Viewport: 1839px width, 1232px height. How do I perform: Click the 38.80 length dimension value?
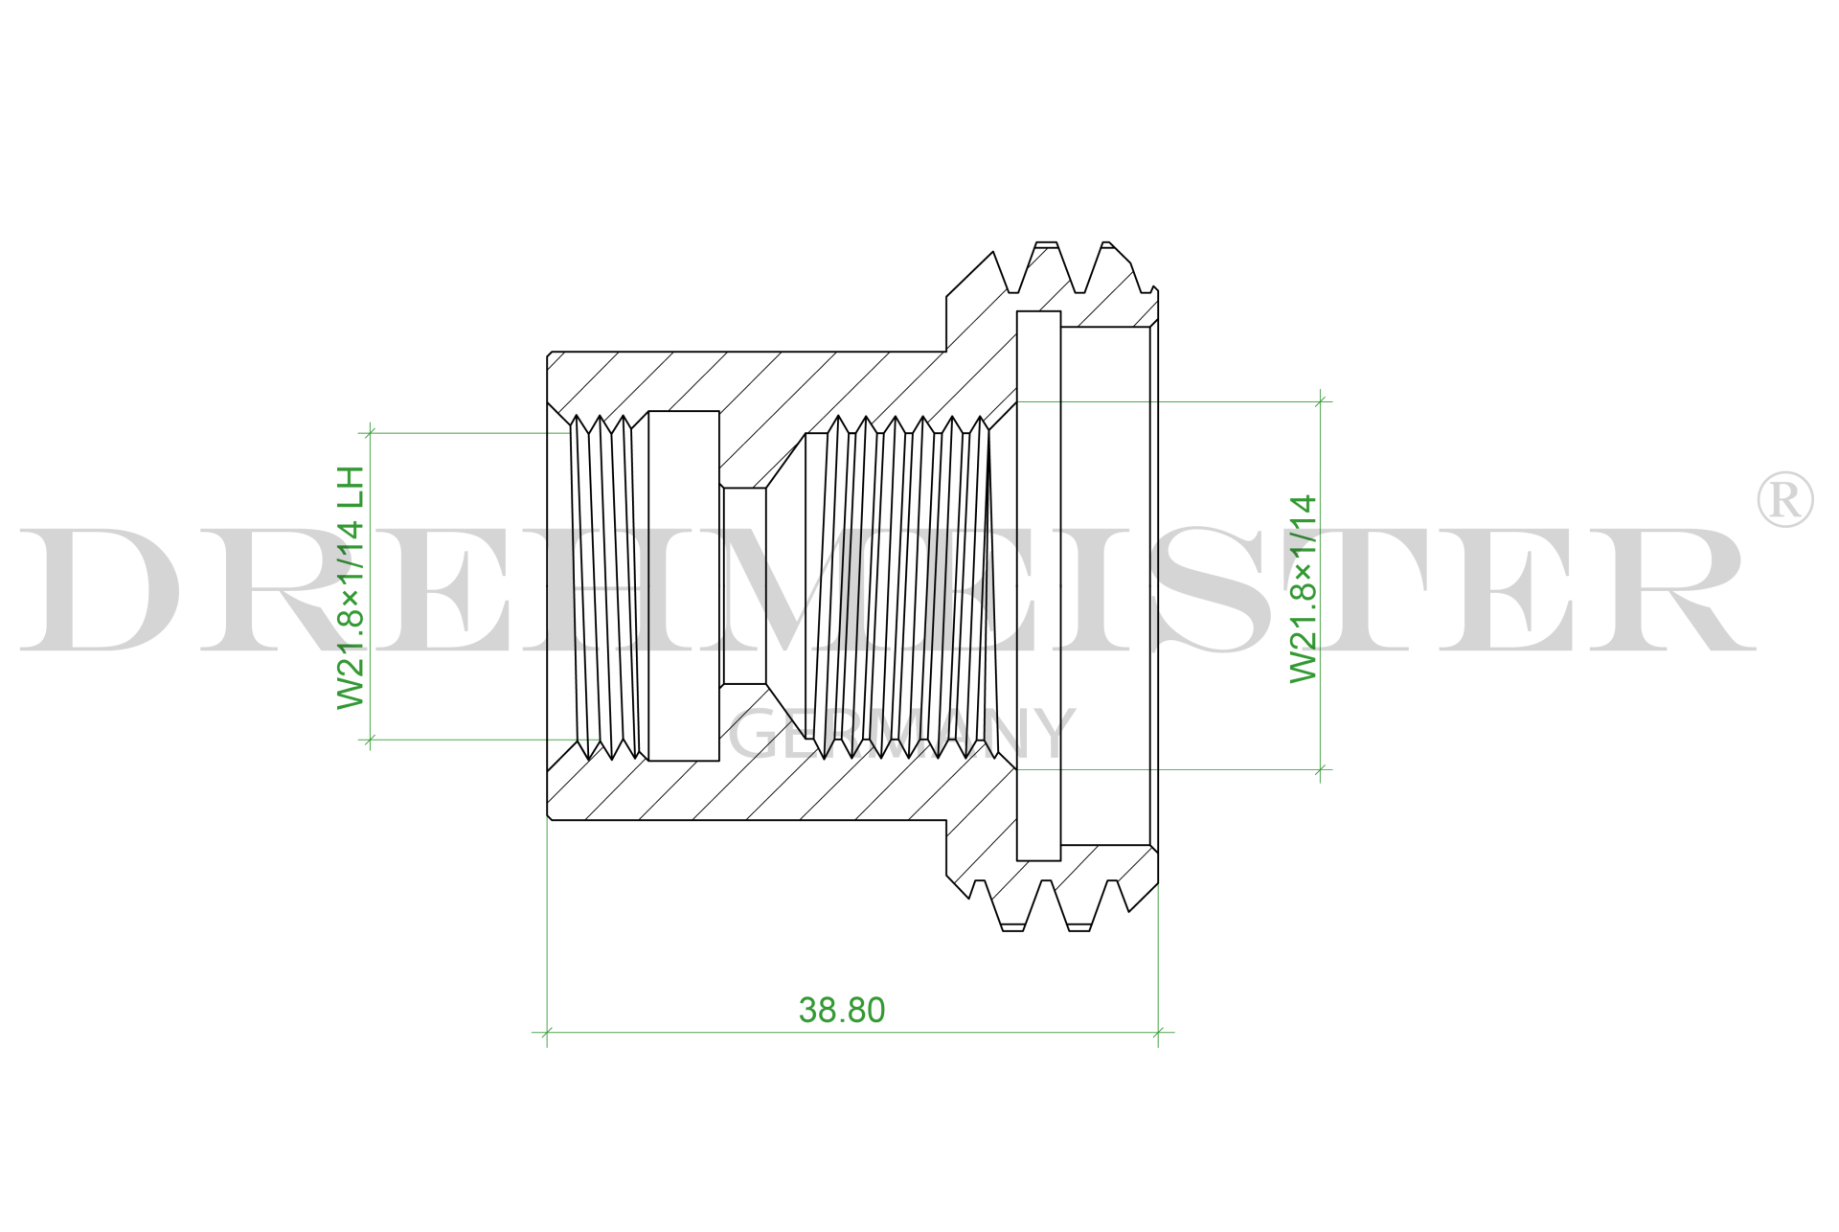841,1010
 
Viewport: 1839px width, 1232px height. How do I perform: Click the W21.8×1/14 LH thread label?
352,587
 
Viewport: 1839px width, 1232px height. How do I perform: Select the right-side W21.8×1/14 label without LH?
1304,588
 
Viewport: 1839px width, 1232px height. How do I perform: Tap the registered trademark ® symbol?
1784,499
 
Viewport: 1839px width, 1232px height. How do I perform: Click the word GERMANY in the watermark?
900,735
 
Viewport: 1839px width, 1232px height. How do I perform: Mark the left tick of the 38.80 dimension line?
547,1033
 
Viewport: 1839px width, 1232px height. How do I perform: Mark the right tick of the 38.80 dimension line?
1158,1033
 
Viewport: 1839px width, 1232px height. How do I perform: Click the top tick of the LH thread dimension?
371,433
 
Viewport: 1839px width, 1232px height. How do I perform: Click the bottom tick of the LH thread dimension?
371,740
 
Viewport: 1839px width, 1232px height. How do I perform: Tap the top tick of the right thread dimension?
1321,401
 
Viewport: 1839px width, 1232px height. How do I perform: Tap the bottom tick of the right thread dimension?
1321,769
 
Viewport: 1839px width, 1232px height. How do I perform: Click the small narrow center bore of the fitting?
744,586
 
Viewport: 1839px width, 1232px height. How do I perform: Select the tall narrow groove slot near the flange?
1038,585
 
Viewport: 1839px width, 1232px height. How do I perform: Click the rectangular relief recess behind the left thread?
683,585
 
